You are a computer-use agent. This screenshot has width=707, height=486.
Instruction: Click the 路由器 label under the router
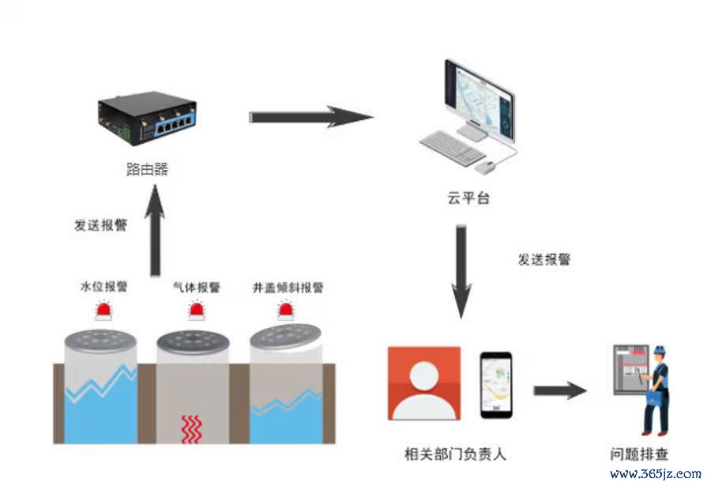pos(147,169)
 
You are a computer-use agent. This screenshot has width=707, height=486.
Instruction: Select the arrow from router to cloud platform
pos(311,117)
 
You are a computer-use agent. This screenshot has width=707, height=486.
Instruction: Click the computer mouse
pos(486,168)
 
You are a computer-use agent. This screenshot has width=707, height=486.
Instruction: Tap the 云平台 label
pos(468,198)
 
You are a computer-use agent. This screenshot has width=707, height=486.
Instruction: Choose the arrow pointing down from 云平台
pos(461,272)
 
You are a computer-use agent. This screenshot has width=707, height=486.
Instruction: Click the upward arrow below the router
pos(155,230)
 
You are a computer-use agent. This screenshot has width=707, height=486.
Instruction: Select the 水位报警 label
pos(103,287)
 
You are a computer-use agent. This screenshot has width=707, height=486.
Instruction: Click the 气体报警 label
pos(197,287)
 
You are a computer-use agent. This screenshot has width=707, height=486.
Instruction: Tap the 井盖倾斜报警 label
pos(288,288)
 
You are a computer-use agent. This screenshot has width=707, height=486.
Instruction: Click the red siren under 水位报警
pos(103,311)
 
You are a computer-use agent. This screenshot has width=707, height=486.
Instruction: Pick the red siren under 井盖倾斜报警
pos(286,311)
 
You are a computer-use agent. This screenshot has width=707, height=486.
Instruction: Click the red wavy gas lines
pos(192,428)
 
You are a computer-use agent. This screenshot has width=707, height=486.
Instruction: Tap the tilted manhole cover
pos(285,337)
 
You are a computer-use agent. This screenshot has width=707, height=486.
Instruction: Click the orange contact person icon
pos(424,383)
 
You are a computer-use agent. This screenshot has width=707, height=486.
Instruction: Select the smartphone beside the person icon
pos(495,385)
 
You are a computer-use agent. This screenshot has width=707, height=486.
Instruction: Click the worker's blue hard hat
pos(659,350)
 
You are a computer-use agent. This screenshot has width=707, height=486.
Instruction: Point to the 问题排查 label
pos(639,454)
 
